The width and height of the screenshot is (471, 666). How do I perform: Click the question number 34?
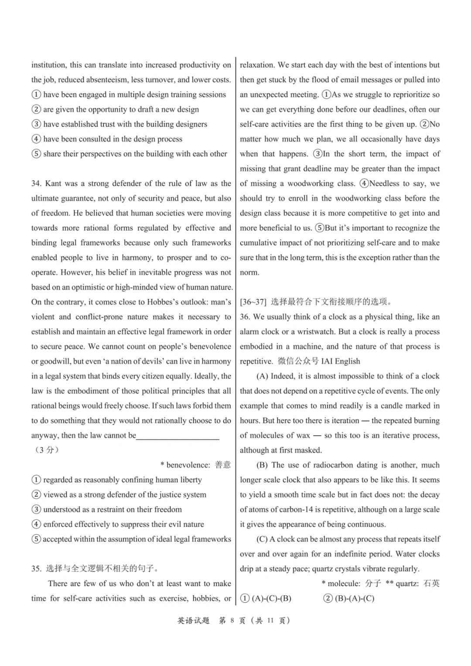[x=36, y=184]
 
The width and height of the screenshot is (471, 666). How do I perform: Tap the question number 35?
[x=36, y=569]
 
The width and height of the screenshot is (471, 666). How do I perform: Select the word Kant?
[x=53, y=184]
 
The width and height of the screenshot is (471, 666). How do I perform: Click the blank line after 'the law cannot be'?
[x=177, y=436]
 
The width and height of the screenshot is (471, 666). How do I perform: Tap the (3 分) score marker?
[x=47, y=450]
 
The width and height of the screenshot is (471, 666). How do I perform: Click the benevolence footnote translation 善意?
[x=223, y=465]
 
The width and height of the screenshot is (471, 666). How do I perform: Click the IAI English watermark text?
[x=341, y=361]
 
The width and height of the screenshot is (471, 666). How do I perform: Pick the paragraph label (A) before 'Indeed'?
[x=262, y=376]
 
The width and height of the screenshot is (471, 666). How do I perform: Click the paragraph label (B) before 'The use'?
[x=262, y=465]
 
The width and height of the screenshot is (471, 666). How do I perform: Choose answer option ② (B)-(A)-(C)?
[x=349, y=598]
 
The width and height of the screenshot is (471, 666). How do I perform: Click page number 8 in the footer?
[x=232, y=621]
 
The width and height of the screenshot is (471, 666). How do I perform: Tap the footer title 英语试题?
[x=193, y=621]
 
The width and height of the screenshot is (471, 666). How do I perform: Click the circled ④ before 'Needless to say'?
[x=364, y=184]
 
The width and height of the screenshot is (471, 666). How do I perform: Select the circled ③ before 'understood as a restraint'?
[x=36, y=509]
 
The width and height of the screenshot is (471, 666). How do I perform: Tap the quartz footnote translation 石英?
[x=431, y=584]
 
